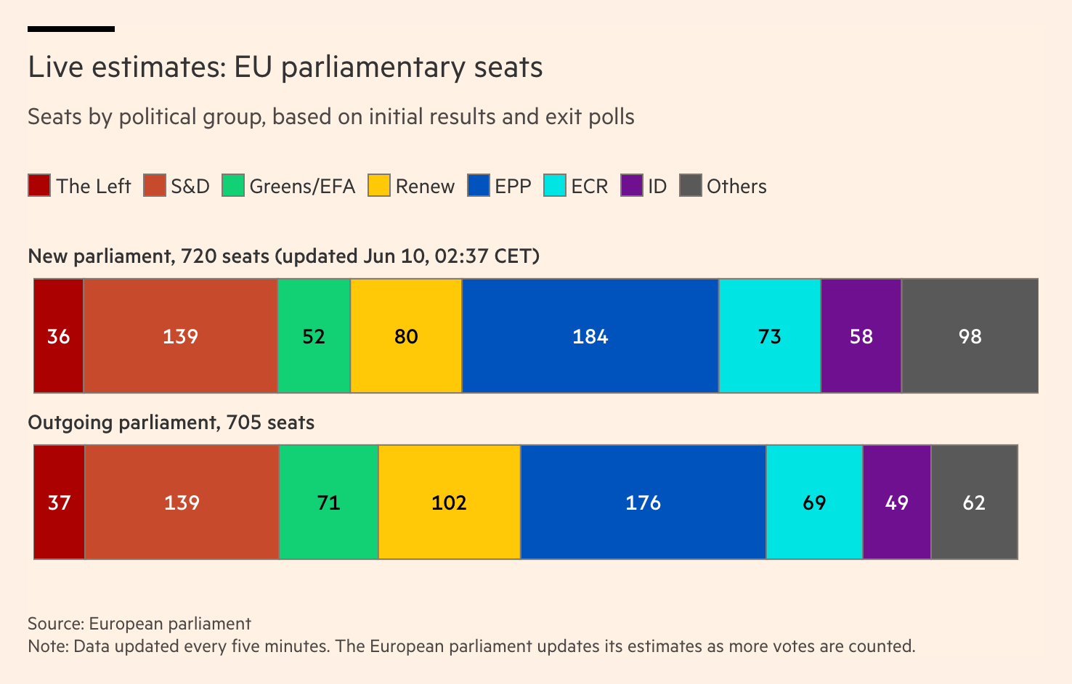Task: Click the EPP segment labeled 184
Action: point(590,336)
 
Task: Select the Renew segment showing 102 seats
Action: point(449,502)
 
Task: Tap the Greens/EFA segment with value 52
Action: point(314,336)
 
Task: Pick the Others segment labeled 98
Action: point(970,336)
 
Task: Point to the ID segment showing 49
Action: point(897,502)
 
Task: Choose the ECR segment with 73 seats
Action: point(770,336)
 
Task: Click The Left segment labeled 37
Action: point(59,502)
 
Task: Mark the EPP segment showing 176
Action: point(643,502)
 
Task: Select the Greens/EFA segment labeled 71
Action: point(328,502)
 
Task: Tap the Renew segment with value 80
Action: point(406,336)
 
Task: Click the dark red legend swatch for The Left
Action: point(39,186)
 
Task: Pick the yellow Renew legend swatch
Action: point(379,186)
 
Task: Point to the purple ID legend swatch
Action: point(632,186)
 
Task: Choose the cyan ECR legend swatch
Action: point(555,186)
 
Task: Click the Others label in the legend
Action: point(736,187)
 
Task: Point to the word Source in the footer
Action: point(55,624)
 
